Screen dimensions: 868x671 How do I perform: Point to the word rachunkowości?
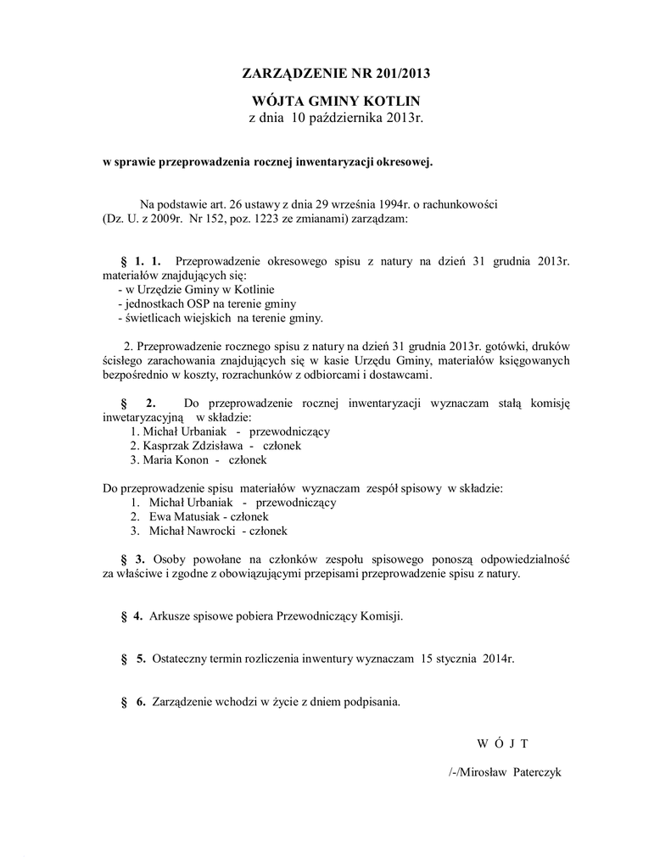point(457,204)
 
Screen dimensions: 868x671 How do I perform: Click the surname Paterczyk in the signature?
point(537,773)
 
